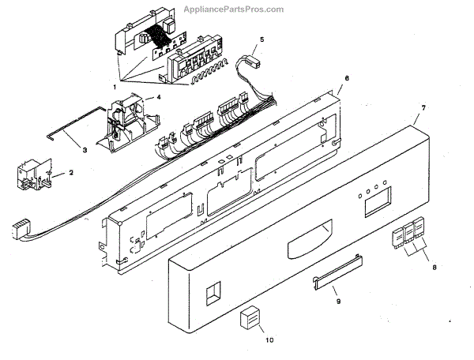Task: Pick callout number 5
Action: tap(262, 39)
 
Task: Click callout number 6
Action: tap(346, 80)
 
